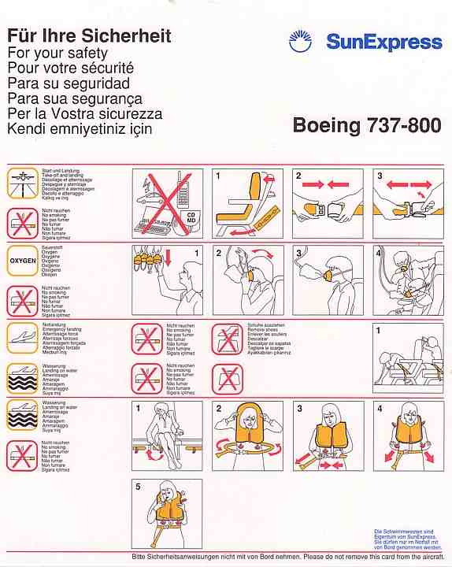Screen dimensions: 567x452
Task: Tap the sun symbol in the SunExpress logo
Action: [x=300, y=41]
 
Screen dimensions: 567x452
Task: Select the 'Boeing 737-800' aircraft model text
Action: [x=366, y=125]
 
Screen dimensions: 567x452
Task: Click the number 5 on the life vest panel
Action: [x=138, y=487]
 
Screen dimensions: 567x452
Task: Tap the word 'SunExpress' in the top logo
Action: [x=383, y=42]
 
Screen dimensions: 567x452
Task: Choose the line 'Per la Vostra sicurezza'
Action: [x=84, y=113]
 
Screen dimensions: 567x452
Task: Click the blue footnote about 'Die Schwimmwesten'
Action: [x=407, y=541]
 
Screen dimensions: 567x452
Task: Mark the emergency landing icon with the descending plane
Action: [x=23, y=337]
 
